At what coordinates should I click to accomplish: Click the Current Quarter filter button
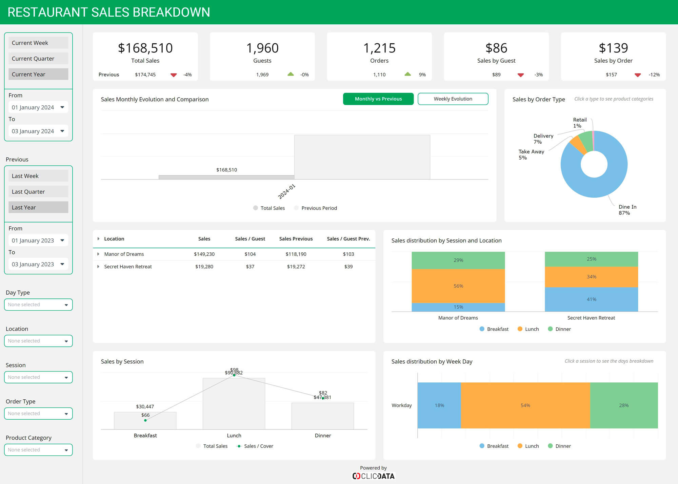38,59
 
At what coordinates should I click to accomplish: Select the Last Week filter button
38,176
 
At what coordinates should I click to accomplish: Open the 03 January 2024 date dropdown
38,131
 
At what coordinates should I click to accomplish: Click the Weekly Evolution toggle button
453,99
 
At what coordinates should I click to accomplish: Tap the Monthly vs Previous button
378,99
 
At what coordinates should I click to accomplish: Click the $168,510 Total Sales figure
145,48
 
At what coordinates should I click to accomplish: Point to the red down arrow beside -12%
637,75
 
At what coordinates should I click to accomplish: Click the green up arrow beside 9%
407,74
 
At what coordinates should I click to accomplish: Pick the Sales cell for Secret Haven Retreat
204,267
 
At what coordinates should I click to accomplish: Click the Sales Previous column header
296,239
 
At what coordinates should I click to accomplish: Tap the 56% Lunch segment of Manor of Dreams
458,286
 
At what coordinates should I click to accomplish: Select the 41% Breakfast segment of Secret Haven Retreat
591,299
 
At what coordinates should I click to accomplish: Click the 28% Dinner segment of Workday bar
623,405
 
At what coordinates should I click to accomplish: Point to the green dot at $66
145,420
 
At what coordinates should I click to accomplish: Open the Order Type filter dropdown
38,414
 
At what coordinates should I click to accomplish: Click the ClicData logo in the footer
373,476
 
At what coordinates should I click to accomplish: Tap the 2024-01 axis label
286,191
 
